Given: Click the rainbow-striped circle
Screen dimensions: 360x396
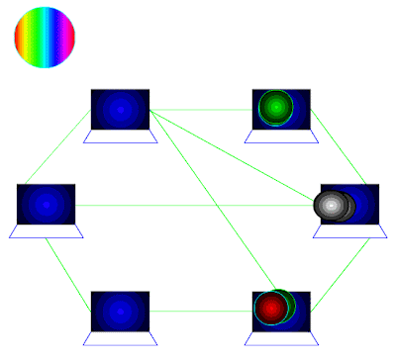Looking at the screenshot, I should (x=44, y=38).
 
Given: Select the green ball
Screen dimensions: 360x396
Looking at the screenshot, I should (x=275, y=107).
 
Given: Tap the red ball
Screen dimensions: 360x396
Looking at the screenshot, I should (x=269, y=308).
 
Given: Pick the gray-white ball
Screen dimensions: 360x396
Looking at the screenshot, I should (x=334, y=205).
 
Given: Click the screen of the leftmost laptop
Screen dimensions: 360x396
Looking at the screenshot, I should (x=46, y=203).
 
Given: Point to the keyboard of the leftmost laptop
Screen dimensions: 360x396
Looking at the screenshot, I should (x=46, y=231).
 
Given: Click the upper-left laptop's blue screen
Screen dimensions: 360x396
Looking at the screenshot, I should (x=120, y=109).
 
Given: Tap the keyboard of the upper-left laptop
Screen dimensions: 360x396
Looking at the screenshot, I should (x=120, y=137).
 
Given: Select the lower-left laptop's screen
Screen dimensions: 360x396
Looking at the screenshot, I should (x=120, y=311).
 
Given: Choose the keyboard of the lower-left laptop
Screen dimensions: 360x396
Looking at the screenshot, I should (x=120, y=337).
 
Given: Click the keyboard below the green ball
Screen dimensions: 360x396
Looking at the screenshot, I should (x=282, y=137).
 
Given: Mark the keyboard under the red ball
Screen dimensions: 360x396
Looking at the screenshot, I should (x=282, y=337).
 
